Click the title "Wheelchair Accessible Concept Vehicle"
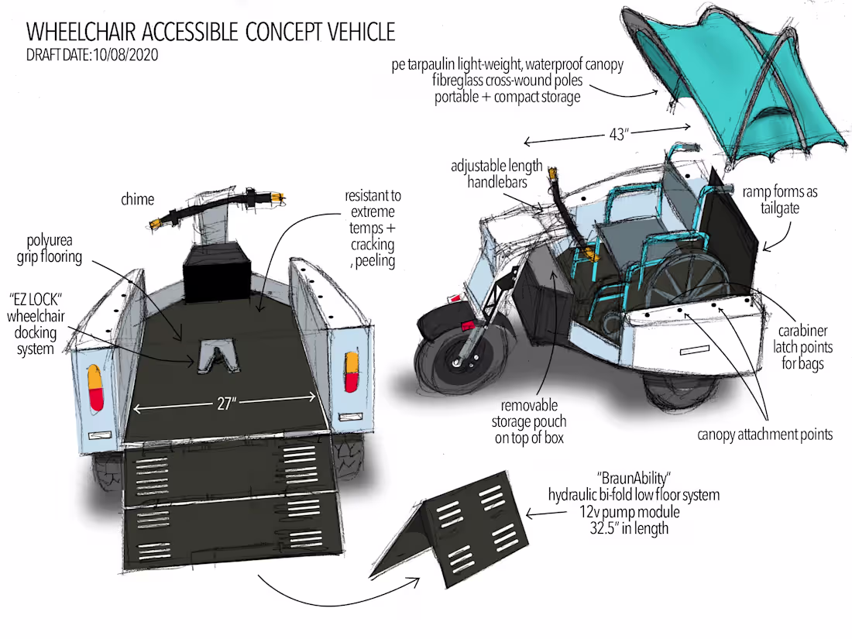point(211,32)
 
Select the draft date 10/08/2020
point(92,56)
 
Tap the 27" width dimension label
point(225,404)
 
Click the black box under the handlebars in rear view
point(216,272)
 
